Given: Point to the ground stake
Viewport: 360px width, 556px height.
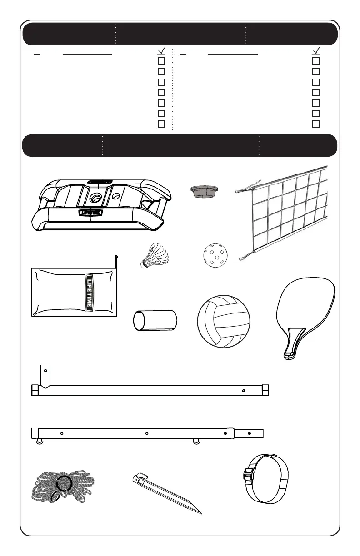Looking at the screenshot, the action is [x=168, y=496].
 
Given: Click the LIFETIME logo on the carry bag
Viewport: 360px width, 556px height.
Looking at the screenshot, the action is [x=90, y=293].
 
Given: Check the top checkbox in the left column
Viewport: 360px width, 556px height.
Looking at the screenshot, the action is [x=161, y=61].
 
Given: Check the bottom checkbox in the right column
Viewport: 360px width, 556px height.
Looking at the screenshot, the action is [x=316, y=124].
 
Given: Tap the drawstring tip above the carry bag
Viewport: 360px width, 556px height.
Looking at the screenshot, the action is [x=116, y=257].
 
